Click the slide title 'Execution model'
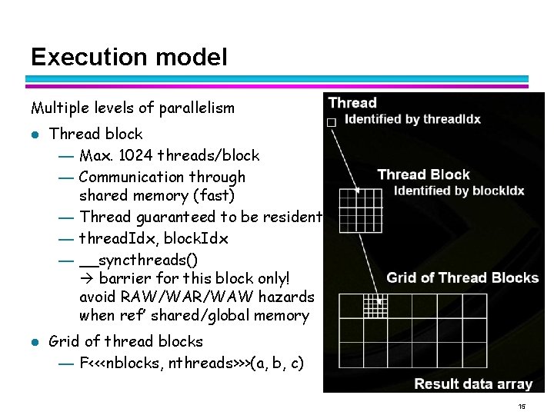click(x=129, y=57)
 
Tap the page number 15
click(x=522, y=407)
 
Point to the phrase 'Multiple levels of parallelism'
click(x=132, y=108)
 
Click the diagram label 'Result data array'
click(x=473, y=383)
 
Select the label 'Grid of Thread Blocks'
click(x=462, y=277)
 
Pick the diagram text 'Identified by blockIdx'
click(x=459, y=191)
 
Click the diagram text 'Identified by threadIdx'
click(x=412, y=119)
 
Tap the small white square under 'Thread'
click(x=332, y=122)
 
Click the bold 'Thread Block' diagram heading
click(x=423, y=174)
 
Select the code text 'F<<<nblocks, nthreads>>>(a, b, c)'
click(x=192, y=363)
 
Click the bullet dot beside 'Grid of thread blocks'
click(x=35, y=342)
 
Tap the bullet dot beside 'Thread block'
click(x=35, y=134)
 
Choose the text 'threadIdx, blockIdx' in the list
click(x=154, y=238)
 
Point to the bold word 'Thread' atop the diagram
click(x=352, y=102)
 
